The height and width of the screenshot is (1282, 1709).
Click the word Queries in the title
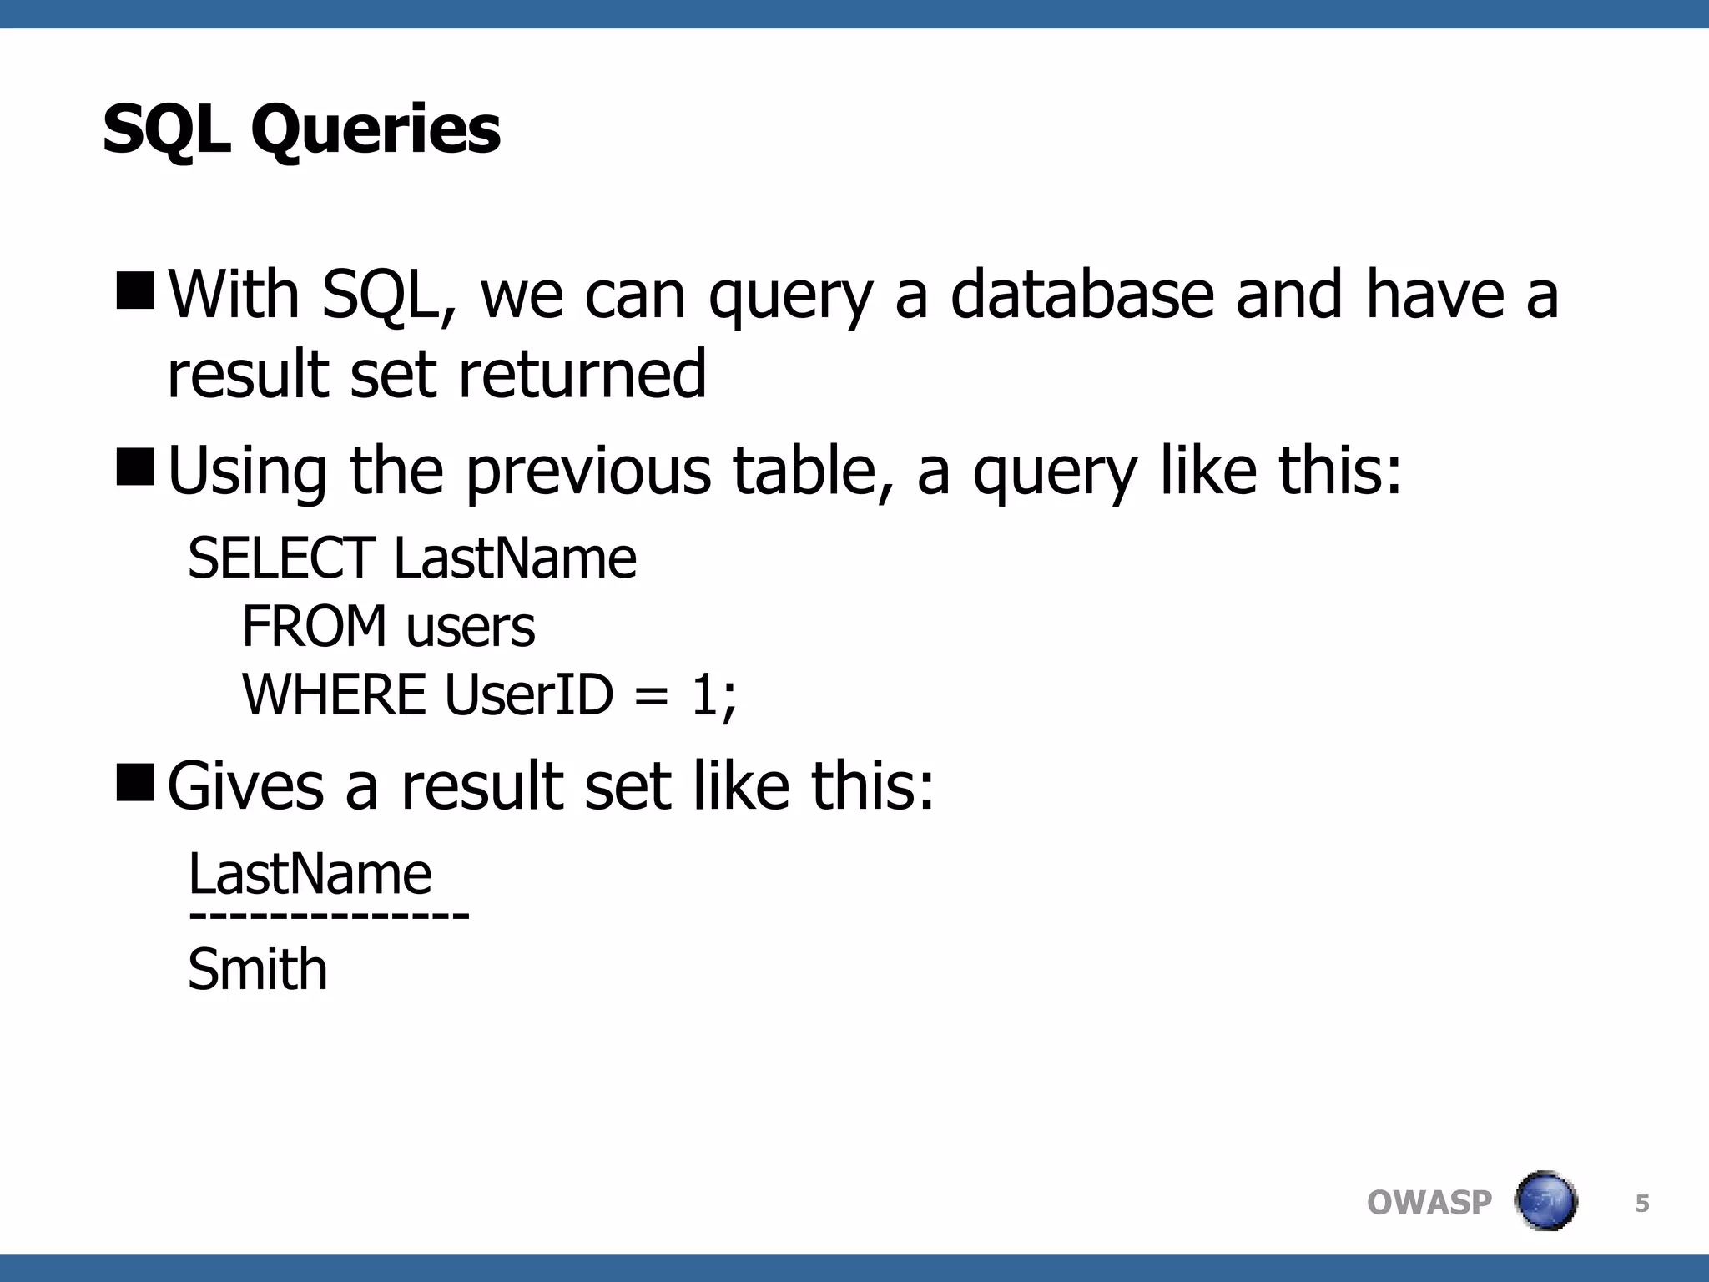tap(376, 131)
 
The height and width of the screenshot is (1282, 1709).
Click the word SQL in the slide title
tap(166, 131)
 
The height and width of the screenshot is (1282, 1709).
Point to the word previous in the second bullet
tap(588, 471)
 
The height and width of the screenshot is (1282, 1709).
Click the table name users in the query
tap(471, 628)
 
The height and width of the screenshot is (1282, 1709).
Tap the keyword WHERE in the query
tap(334, 694)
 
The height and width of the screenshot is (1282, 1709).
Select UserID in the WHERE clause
tap(529, 694)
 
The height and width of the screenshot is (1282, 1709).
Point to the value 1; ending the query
tap(713, 696)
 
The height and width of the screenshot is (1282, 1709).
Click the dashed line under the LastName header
tap(329, 916)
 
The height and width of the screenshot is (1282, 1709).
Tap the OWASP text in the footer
tap(1429, 1203)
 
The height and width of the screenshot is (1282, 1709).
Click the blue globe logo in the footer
tap(1545, 1201)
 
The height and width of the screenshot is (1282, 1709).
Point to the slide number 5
tap(1642, 1203)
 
